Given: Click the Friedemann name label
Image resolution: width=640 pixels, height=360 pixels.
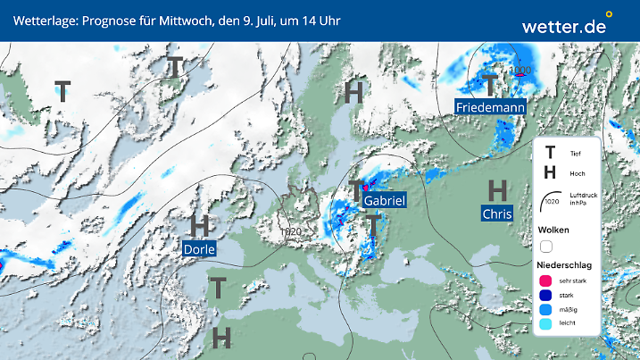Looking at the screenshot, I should point(490,107).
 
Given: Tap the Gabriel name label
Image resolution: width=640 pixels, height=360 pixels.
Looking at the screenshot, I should point(385,202).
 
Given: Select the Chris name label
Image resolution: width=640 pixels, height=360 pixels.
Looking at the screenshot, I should point(497,213).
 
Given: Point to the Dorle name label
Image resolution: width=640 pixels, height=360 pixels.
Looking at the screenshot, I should point(198,248).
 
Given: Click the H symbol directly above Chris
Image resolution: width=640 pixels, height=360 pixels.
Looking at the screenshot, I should point(498,189).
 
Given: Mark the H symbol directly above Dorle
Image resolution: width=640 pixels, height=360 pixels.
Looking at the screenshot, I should point(199,224).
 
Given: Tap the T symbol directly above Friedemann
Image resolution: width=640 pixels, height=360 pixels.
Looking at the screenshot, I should point(489,86).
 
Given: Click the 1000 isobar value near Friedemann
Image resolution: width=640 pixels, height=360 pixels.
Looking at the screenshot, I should point(519,70).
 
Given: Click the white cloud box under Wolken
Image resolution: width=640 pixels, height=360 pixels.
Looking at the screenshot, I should point(547,246).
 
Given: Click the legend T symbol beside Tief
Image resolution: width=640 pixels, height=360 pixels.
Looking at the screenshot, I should point(550,154).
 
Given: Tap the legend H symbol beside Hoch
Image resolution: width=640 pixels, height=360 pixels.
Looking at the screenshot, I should point(550,173).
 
